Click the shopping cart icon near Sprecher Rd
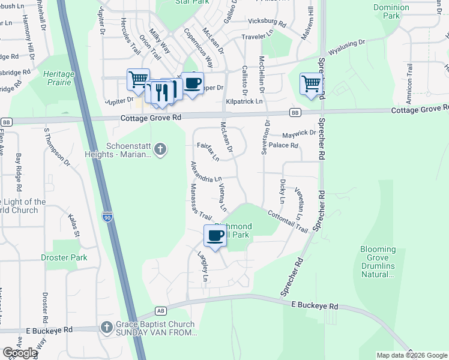[311, 83]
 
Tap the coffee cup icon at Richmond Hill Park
[215, 235]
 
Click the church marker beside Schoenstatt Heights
[160, 149]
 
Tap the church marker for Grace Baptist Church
[106, 328]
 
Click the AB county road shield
[160, 311]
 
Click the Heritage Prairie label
[58, 77]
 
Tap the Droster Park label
[64, 257]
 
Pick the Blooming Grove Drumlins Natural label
[378, 262]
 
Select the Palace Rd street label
[283, 145]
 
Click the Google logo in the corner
[20, 353]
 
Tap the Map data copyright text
[411, 355]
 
